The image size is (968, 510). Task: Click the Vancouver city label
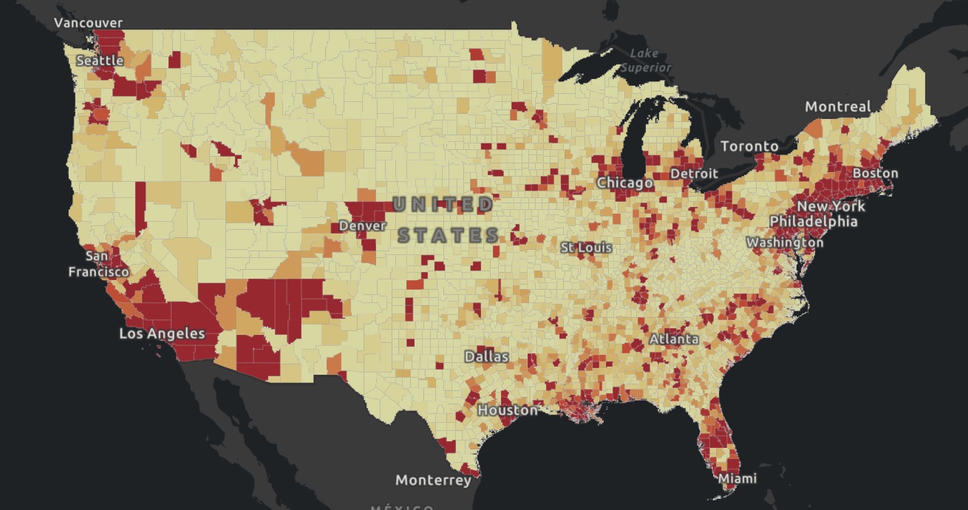tap(89, 23)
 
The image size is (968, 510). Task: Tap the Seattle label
tap(100, 60)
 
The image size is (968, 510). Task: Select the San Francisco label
tap(98, 264)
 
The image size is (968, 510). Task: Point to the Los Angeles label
tap(162, 334)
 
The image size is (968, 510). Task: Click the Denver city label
tap(363, 225)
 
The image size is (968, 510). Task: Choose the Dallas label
tap(486, 356)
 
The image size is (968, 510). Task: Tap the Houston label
tap(508, 409)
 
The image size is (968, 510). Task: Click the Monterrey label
tap(433, 480)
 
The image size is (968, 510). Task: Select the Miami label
tap(737, 479)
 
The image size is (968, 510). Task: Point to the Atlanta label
tap(674, 339)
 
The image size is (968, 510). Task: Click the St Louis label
tap(586, 247)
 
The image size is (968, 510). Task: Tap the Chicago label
tap(624, 183)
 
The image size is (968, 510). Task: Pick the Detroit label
tap(694, 174)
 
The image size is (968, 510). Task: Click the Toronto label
tap(749, 146)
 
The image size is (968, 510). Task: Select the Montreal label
tap(837, 107)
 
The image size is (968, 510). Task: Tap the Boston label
tap(875, 174)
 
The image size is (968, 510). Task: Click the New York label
tap(831, 206)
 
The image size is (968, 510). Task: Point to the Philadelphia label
tap(814, 222)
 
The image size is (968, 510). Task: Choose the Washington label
tap(784, 242)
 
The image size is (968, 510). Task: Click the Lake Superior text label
tap(646, 60)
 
